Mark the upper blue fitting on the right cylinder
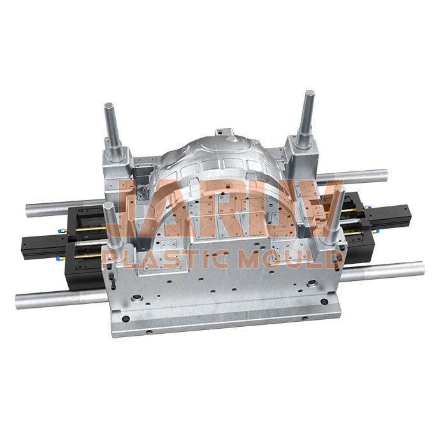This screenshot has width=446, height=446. [x=357, y=198]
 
